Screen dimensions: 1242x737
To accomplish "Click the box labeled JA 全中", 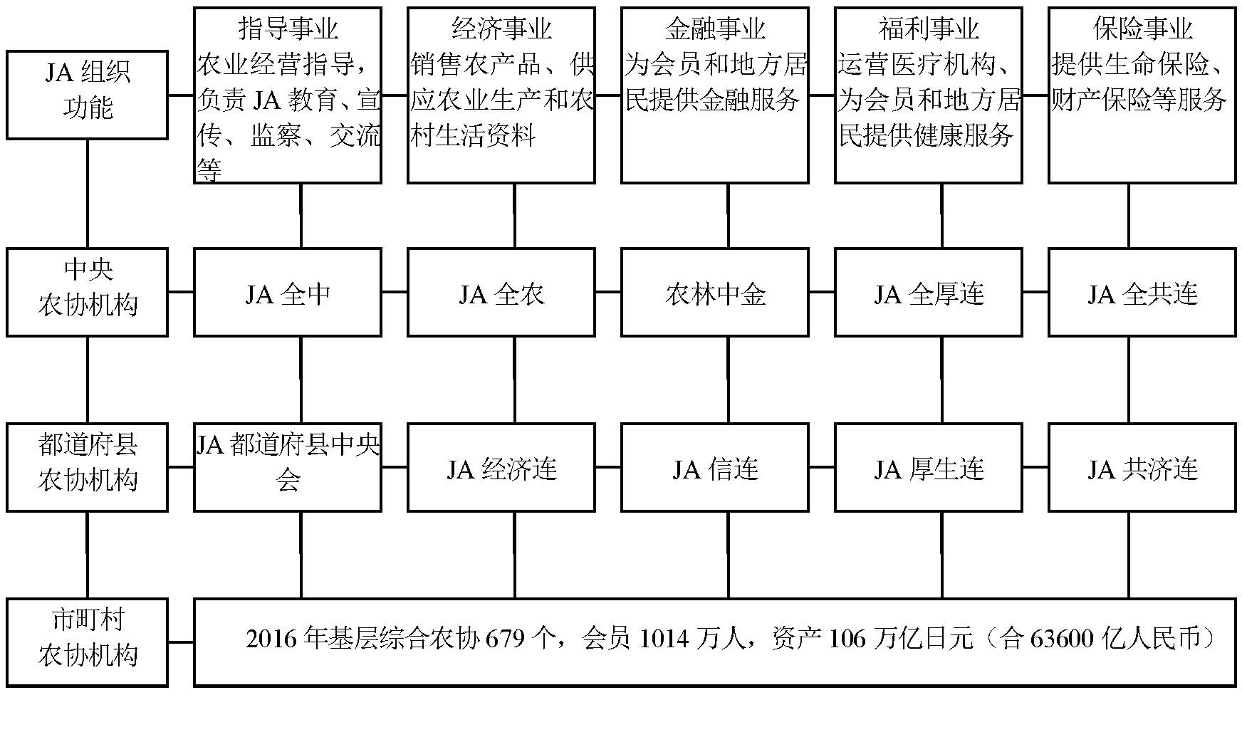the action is (x=288, y=292).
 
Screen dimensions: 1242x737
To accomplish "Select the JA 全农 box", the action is (x=501, y=292).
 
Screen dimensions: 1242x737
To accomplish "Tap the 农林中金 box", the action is (x=715, y=292).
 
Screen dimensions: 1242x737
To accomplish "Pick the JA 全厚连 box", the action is (x=929, y=292).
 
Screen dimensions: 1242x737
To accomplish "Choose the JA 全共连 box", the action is (x=1142, y=292).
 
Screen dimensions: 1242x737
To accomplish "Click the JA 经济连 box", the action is (x=501, y=467).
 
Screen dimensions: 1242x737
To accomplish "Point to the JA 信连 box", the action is (x=715, y=467).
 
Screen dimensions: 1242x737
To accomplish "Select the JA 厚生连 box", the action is (x=929, y=467).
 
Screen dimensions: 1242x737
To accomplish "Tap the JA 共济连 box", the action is (x=1142, y=467).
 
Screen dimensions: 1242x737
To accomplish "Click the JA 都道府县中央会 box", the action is (x=288, y=467).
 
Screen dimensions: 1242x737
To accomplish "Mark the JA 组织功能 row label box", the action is (x=88, y=95).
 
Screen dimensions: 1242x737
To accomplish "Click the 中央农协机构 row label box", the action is (x=88, y=292).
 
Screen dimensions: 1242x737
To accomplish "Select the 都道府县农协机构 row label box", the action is (x=88, y=467).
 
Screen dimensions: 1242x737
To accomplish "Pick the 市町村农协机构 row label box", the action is (x=88, y=642).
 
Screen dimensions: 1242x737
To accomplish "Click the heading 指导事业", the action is (x=288, y=29).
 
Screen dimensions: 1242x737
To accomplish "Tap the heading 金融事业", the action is (x=715, y=29).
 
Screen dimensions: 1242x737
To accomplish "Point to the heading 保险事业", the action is (x=1142, y=29).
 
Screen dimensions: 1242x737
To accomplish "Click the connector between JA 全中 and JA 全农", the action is (x=395, y=292).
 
